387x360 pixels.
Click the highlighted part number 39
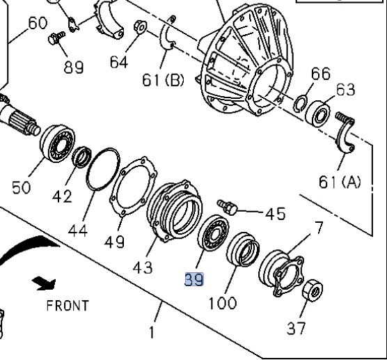pos(194,280)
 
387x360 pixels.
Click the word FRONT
pos(68,305)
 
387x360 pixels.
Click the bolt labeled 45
pos(228,206)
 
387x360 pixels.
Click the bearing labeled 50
pos(57,146)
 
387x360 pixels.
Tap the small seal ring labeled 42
pos(81,157)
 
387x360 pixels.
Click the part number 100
pos(222,303)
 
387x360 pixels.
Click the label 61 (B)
pos(163,80)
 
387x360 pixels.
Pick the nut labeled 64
pos(139,29)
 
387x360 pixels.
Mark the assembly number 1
pos(152,331)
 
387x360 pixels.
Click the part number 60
pos(37,23)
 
